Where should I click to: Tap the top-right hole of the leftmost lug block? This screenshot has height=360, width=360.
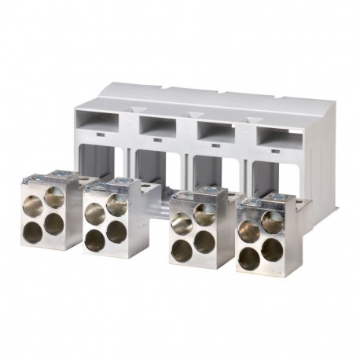pyautogui.click(x=55, y=196)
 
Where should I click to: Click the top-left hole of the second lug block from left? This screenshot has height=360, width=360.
pyautogui.click(x=94, y=212)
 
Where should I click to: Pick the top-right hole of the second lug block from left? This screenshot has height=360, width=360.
pyautogui.click(x=116, y=206)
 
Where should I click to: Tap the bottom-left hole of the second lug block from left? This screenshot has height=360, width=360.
pyautogui.click(x=94, y=241)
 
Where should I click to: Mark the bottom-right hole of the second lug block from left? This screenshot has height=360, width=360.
pyautogui.click(x=116, y=233)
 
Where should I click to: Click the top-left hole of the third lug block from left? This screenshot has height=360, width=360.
pyautogui.click(x=181, y=224)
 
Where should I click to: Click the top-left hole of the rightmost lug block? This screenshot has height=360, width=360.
pyautogui.click(x=249, y=231)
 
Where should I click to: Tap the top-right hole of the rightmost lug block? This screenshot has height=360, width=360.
pyautogui.click(x=272, y=222)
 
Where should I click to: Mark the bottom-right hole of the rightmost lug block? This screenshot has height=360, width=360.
pyautogui.click(x=272, y=250)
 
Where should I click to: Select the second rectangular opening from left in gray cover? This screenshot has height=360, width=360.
pyautogui.click(x=157, y=127)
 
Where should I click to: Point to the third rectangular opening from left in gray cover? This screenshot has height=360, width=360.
pyautogui.click(x=212, y=132)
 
